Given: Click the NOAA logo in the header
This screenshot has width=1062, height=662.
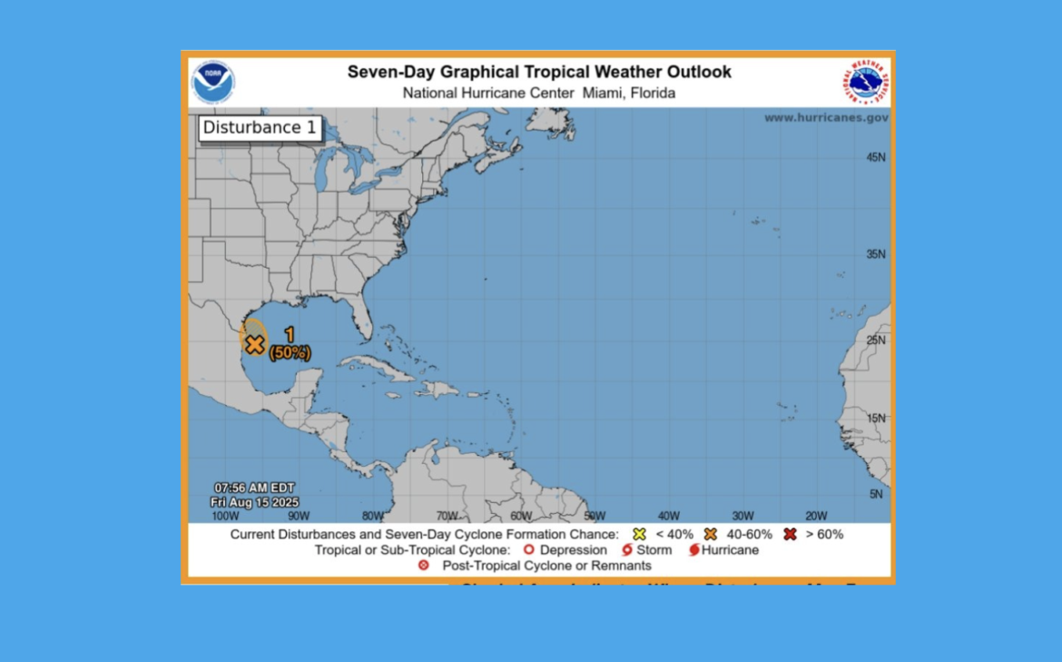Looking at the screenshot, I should (x=213, y=83).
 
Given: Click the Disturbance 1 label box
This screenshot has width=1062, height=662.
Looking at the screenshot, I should (x=260, y=128).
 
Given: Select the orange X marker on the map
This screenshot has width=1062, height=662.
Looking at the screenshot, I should (x=255, y=344).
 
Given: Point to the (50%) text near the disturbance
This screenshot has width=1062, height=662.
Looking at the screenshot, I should (x=290, y=352).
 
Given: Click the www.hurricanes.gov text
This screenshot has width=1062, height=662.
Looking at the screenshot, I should (x=826, y=117).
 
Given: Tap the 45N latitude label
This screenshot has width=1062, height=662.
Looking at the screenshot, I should (x=875, y=157).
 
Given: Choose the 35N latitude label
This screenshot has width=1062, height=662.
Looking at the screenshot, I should (x=875, y=254).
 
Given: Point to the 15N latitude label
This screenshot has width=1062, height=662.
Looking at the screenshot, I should (x=875, y=419).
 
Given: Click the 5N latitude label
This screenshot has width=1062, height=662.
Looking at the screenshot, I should (x=877, y=494).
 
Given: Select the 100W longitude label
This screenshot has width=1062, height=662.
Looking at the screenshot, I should (x=225, y=516).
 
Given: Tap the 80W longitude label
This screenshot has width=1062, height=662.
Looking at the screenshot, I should (x=372, y=516).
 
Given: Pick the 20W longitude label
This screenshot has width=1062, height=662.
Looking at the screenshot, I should (x=816, y=516).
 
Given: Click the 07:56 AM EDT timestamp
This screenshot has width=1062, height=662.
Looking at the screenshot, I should (x=254, y=488).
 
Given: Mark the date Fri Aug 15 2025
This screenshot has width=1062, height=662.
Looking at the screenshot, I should (x=254, y=502).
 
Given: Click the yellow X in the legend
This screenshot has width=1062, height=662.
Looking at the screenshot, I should (x=639, y=534).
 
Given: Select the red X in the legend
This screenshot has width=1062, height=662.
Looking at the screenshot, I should (x=790, y=534).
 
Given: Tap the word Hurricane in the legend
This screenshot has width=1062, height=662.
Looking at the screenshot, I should (x=730, y=550).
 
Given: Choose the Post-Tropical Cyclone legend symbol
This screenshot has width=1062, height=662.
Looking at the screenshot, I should (x=424, y=566).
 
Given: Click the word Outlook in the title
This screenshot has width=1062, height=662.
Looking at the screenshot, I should (x=695, y=72).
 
